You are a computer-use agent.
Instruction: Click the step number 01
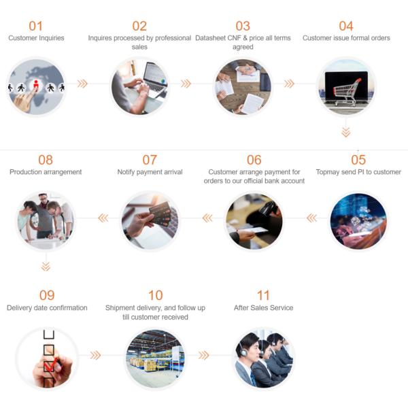click(35, 26)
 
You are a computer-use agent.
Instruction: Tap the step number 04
click(346, 26)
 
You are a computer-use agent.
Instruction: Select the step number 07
click(150, 160)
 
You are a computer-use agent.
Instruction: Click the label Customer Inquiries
click(36, 38)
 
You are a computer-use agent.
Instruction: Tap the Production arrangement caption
click(46, 172)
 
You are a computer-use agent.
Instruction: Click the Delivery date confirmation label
click(47, 308)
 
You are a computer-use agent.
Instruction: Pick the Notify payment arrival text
click(150, 172)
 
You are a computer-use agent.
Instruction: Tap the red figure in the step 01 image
click(36, 86)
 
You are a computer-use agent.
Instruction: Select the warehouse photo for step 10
click(155, 358)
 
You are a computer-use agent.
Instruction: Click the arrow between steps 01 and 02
click(82, 84)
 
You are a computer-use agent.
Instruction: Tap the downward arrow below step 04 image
click(346, 132)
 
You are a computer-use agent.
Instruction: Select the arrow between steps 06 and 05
click(311, 218)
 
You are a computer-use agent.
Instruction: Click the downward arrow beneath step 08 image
click(46, 266)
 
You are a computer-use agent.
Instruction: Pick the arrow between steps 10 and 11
click(203, 355)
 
